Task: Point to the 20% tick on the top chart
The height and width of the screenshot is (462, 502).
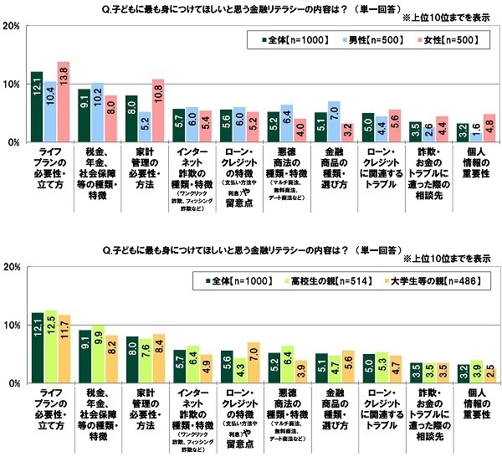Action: click(x=12, y=26)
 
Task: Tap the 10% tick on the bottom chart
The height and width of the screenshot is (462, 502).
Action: click(x=12, y=326)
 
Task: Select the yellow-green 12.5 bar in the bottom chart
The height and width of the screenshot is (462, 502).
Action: click(x=50, y=347)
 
